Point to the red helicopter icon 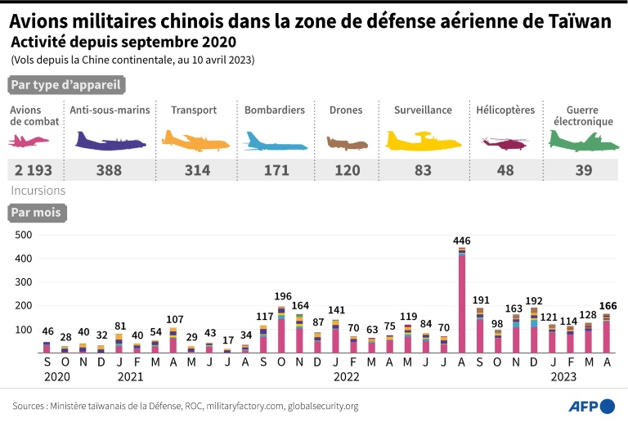point(505,143)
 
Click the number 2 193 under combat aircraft point(34,170)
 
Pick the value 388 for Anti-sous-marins point(108,170)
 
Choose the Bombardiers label point(274,110)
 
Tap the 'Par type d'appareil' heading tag point(65,85)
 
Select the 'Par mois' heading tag point(35,213)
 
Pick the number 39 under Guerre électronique point(582,170)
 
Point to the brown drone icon point(348,143)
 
